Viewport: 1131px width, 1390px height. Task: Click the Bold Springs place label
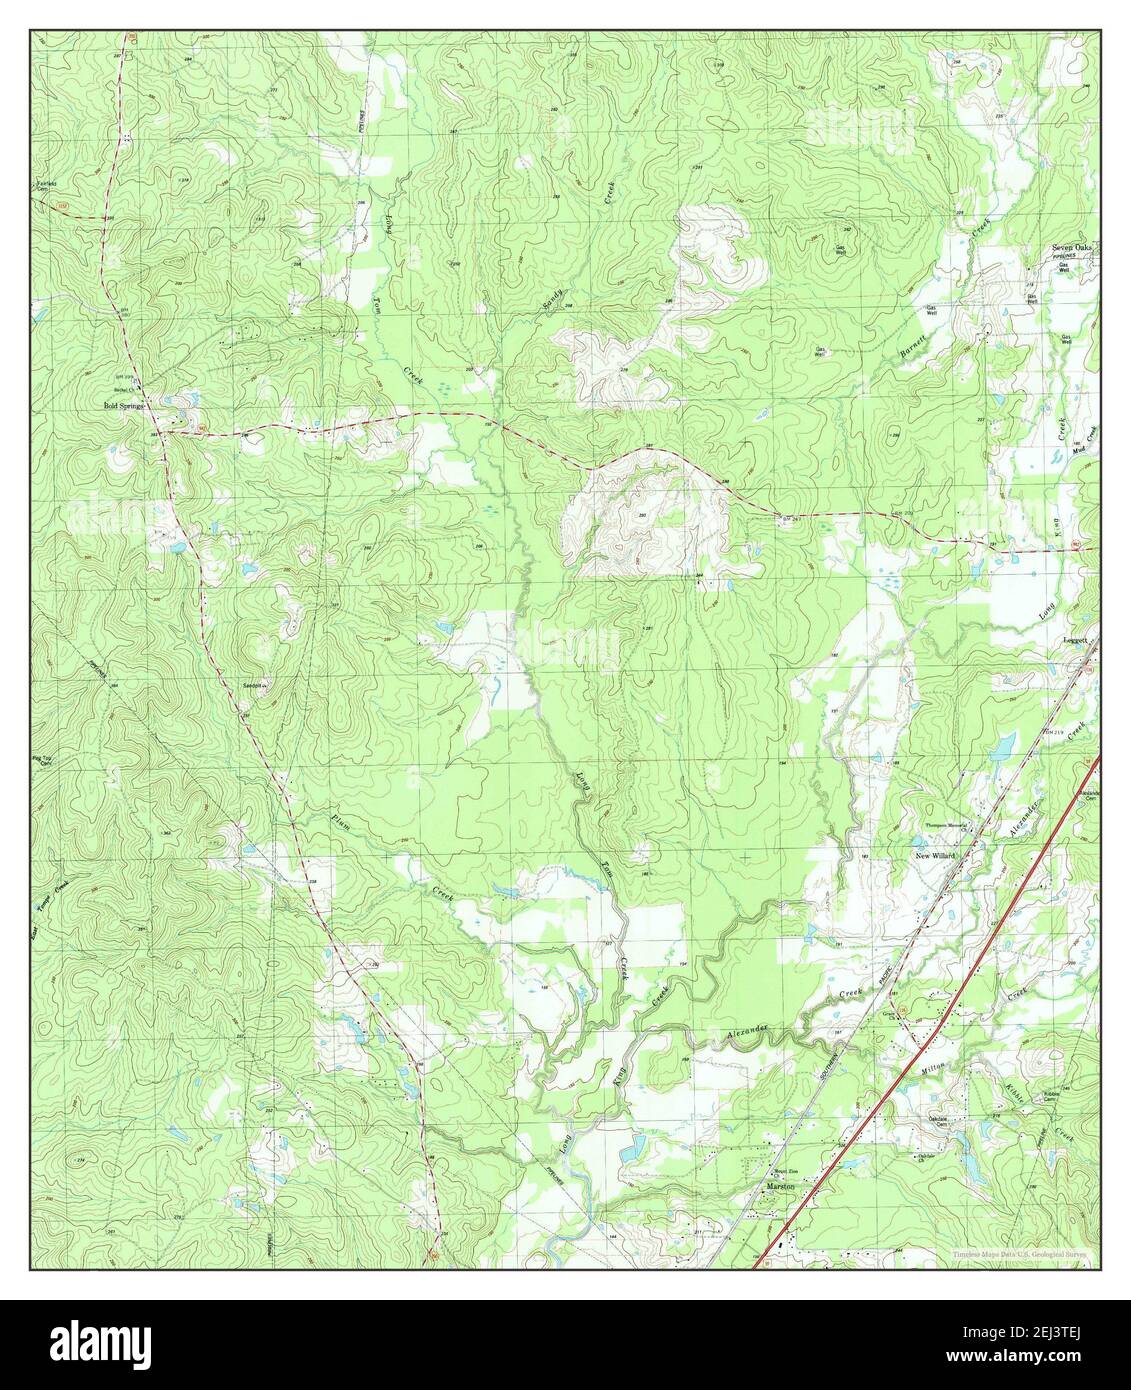(126, 406)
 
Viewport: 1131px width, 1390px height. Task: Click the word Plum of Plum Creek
(340, 825)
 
